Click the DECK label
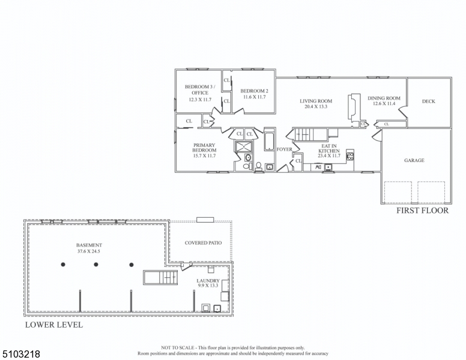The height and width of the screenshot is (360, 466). pyautogui.click(x=428, y=101)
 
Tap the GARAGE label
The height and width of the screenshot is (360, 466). pyautogui.click(x=414, y=160)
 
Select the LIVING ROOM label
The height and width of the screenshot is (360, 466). pyautogui.click(x=316, y=101)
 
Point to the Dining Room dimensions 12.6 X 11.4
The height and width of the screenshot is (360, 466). pyautogui.click(x=384, y=104)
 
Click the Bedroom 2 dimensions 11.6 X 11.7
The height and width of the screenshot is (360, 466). pyautogui.click(x=255, y=97)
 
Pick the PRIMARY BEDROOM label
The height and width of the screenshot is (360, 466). pyautogui.click(x=204, y=148)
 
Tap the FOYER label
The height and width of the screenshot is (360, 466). pyautogui.click(x=285, y=149)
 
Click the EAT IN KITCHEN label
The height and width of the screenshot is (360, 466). pyautogui.click(x=329, y=149)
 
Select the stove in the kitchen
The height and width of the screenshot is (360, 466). pyautogui.click(x=349, y=155)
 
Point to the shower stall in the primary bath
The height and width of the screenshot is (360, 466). pyautogui.click(x=244, y=147)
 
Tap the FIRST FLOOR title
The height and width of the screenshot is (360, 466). pyautogui.click(x=422, y=211)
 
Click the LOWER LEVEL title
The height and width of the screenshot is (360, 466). pyautogui.click(x=54, y=325)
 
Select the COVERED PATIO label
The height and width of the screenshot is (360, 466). pyautogui.click(x=204, y=243)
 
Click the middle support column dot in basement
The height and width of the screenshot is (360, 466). pyautogui.click(x=96, y=265)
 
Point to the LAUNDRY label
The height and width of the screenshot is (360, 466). pyautogui.click(x=208, y=281)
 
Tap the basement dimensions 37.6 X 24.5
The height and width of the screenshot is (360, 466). pyautogui.click(x=89, y=251)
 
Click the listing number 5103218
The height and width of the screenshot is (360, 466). pyautogui.click(x=21, y=354)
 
